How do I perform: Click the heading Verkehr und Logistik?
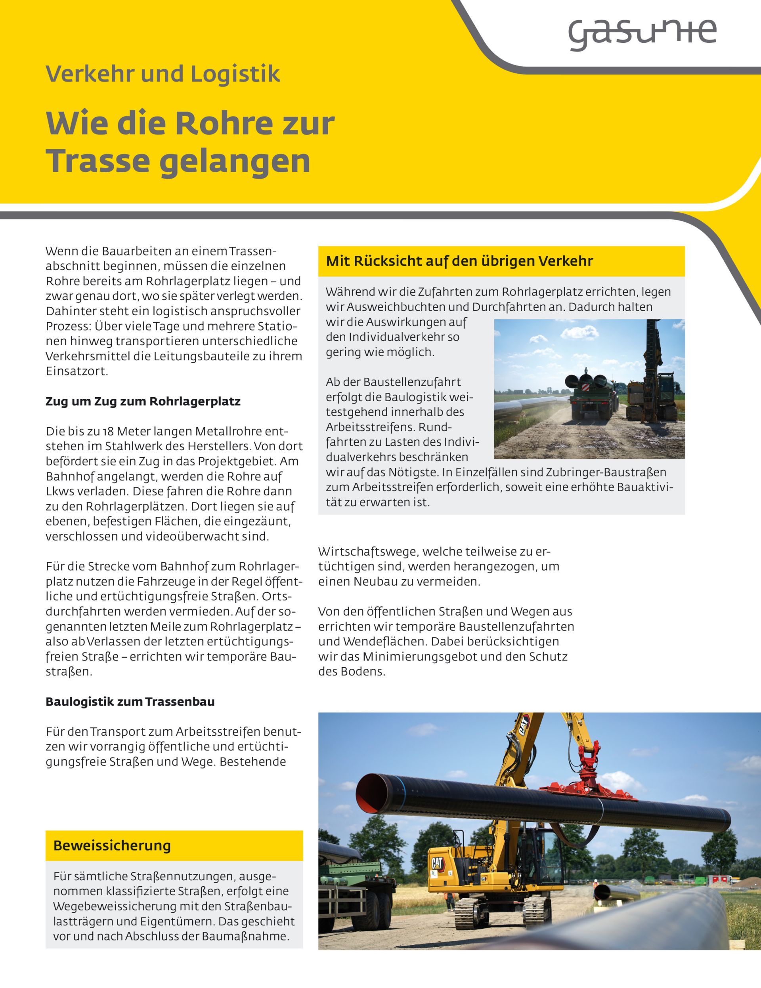click(163, 74)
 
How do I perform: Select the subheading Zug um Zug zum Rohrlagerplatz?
click(143, 401)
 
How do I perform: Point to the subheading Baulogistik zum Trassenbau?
click(130, 702)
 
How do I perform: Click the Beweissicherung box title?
click(112, 845)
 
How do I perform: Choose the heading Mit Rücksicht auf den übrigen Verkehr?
click(459, 261)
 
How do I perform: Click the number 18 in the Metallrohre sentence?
click(109, 431)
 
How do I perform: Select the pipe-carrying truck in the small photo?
click(591, 397)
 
